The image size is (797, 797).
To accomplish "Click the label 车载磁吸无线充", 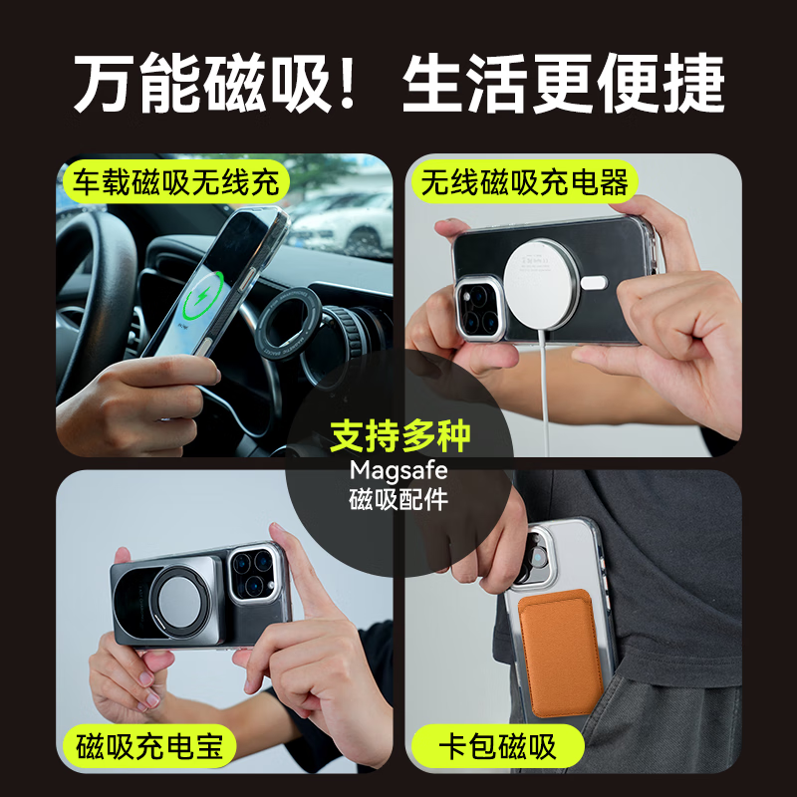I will (175, 182).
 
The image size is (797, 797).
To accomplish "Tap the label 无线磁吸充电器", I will (524, 182).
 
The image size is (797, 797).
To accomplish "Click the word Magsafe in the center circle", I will (398, 469).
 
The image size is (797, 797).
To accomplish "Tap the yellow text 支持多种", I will (399, 436).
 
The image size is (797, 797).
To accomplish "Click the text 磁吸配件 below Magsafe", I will (398, 500).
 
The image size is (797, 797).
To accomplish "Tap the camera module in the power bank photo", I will (254, 575).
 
